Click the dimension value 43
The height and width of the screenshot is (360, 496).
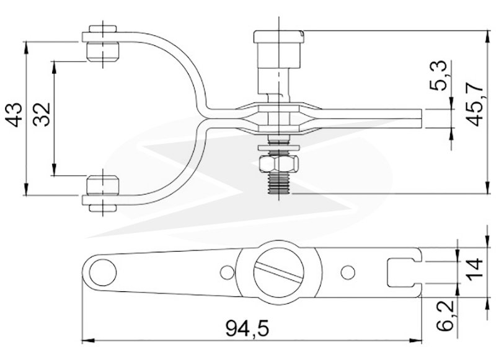coord(15,115)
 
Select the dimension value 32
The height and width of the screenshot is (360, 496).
coord(42,115)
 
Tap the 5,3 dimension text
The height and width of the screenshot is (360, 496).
coord(439,75)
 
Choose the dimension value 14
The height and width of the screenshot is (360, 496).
coord(475,268)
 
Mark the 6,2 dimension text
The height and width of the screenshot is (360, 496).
coord(446,315)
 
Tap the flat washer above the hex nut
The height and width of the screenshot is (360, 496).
coord(279,147)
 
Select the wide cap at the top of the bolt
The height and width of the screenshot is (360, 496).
coord(278,37)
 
